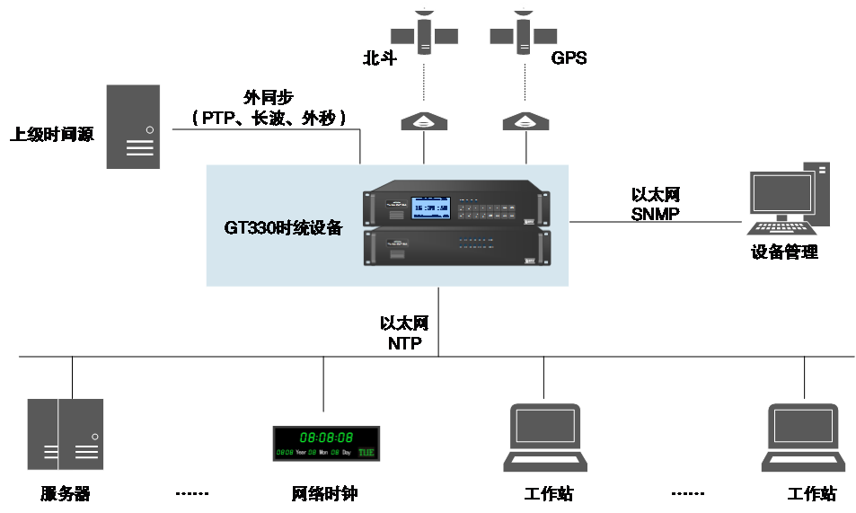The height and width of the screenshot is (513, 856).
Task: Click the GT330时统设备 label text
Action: pyautogui.click(x=283, y=227)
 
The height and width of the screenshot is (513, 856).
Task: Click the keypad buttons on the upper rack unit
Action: pyautogui.click(x=490, y=210)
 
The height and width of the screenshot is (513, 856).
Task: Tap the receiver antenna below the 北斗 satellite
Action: pyautogui.click(x=424, y=121)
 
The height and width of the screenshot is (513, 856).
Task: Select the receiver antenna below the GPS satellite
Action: pyautogui.click(x=525, y=121)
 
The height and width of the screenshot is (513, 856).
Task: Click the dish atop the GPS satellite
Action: pyautogui.click(x=522, y=10)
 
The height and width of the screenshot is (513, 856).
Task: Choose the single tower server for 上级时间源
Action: pyautogui.click(x=133, y=127)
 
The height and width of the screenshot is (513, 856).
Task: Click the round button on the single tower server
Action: pyautogui.click(x=149, y=129)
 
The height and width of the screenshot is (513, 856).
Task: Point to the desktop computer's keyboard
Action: pyautogui.click(x=778, y=228)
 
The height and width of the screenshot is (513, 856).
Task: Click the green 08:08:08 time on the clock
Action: pyautogui.click(x=326, y=438)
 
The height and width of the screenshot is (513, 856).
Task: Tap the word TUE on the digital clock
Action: pyautogui.click(x=366, y=452)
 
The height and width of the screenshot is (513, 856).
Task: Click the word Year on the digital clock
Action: pyautogui.click(x=300, y=453)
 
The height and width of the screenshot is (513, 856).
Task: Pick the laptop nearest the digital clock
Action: pyautogui.click(x=545, y=438)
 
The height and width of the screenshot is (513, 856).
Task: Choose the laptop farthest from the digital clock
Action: pyautogui.click(x=804, y=438)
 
